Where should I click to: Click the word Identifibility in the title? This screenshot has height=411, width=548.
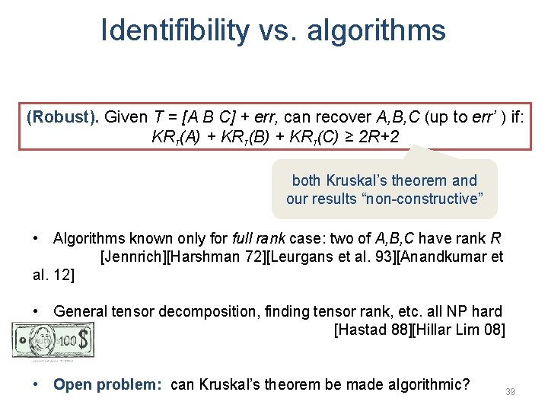pos(174,30)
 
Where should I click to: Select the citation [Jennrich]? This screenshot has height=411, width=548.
pos(132,257)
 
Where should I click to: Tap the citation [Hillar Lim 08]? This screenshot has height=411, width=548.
pos(460,330)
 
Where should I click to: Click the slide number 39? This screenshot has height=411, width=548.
pos(511,391)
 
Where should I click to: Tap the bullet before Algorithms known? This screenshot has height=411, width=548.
pos(36,238)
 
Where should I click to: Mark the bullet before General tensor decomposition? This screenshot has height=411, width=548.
pos(36,311)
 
